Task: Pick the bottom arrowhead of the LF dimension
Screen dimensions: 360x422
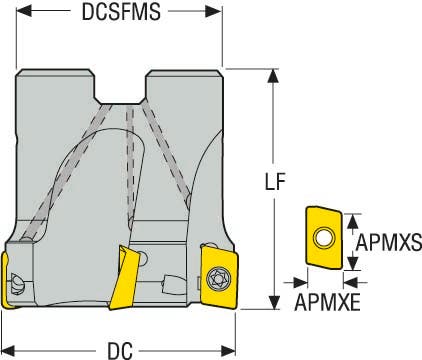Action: tap(271, 309)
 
